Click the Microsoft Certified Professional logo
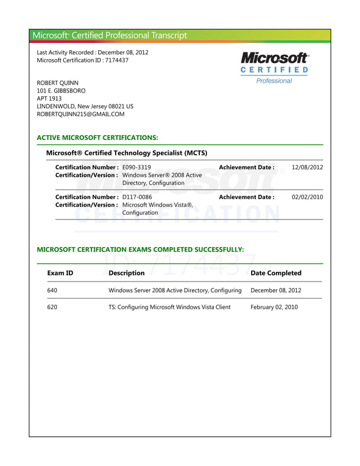[274, 68]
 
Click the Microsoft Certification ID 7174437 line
[82, 60]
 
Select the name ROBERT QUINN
[58, 83]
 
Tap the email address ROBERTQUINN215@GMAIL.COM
[80, 114]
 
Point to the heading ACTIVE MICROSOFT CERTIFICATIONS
[97, 138]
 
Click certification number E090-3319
[137, 168]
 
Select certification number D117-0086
[137, 197]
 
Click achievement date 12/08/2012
[307, 168]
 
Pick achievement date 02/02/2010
[307, 197]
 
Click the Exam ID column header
[60, 273]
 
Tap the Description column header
[126, 273]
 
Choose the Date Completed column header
[276, 273]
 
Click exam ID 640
[52, 291]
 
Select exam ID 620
[52, 307]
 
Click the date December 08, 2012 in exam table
[276, 291]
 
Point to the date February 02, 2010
[274, 307]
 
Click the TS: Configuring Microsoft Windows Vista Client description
[169, 307]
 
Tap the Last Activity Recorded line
[93, 52]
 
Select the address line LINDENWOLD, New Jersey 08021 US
[85, 106]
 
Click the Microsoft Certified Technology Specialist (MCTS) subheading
[126, 153]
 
